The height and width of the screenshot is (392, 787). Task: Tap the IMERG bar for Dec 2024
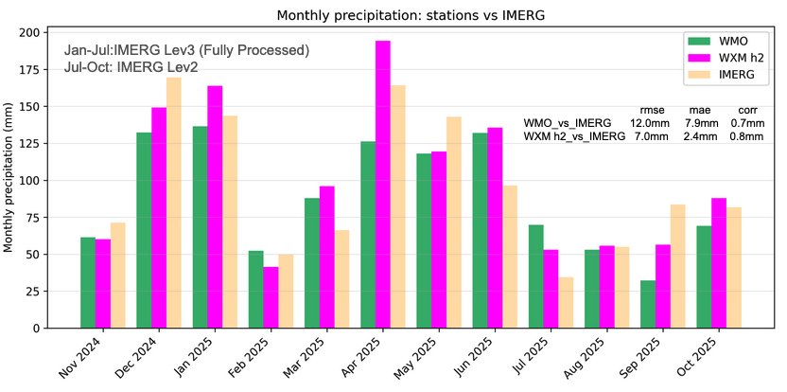click(174, 203)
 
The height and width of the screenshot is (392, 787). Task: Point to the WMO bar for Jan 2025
click(200, 227)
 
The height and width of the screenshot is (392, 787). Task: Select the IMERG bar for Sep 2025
click(677, 266)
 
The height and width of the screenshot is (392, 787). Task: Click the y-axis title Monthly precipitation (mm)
click(9, 180)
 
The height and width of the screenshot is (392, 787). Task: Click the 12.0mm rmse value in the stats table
click(649, 123)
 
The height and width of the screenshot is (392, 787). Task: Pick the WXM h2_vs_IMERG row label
click(574, 136)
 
